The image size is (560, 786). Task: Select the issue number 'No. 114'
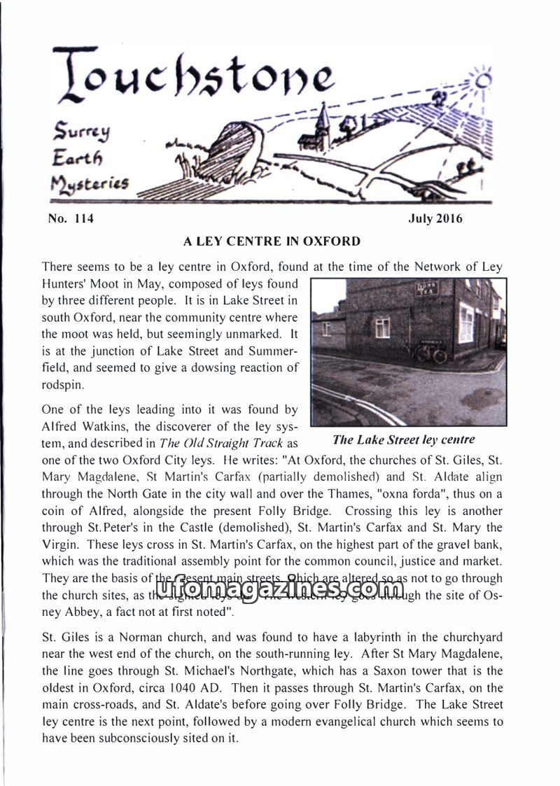71,219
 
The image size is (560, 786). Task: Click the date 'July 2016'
435,219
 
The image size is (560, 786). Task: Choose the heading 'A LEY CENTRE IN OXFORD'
272,242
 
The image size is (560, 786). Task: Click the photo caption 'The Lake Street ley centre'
404,440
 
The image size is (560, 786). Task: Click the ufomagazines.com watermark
279,589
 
